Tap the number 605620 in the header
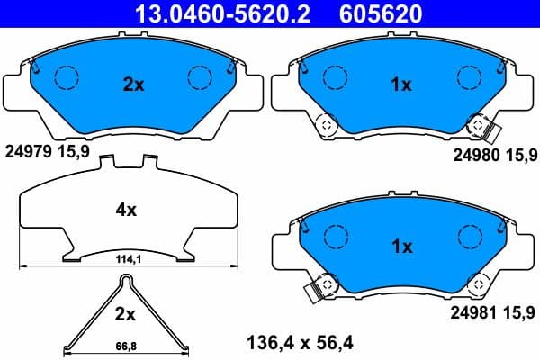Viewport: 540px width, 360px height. point(378,13)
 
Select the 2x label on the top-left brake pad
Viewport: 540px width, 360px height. point(133,85)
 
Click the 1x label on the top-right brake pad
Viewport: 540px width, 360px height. point(401,85)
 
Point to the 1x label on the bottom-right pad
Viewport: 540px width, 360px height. point(401,246)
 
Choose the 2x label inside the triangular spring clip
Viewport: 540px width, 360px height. point(125,314)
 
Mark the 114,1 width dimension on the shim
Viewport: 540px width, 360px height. point(126,260)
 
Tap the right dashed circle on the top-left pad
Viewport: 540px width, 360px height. point(199,79)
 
